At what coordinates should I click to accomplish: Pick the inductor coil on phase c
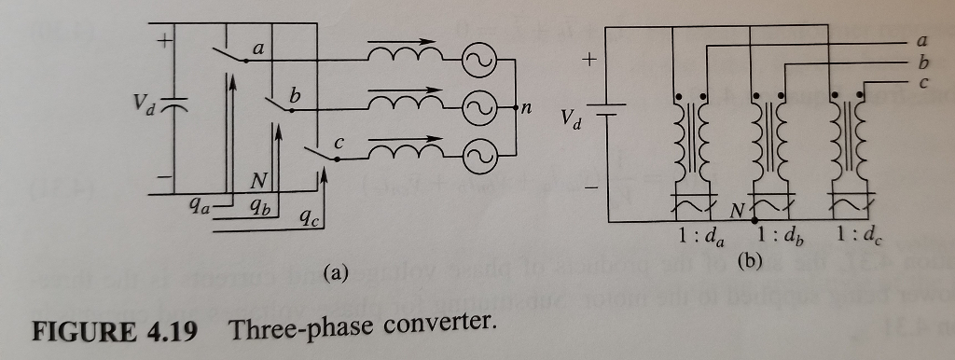[398, 150]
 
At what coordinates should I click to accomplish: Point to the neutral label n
[526, 107]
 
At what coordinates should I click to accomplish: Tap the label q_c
[308, 220]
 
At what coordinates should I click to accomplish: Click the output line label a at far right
[922, 40]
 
